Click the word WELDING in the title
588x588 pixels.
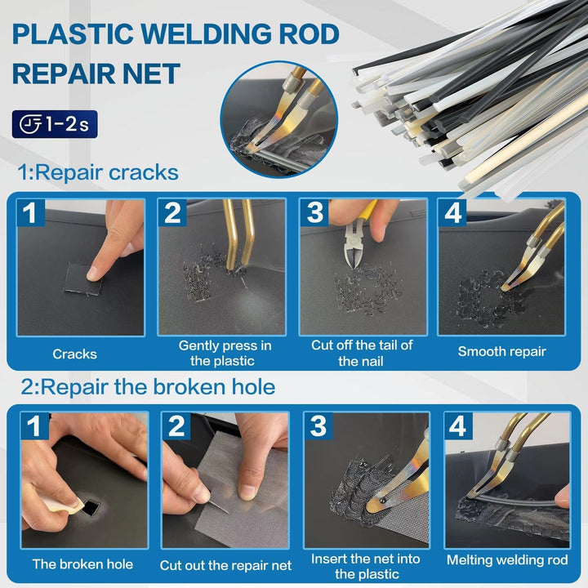[x=207, y=34]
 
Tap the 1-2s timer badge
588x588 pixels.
[x=55, y=124]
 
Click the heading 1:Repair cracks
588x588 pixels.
[x=98, y=172]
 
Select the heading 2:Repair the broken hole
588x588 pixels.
[x=148, y=386]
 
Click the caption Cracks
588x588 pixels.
[x=74, y=354]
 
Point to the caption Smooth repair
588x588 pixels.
[x=501, y=352]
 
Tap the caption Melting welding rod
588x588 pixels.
[x=507, y=560]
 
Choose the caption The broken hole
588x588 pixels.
[x=82, y=564]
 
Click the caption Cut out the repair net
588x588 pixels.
[x=225, y=565]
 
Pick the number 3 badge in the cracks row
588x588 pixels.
[x=314, y=212]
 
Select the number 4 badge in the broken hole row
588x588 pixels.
[x=458, y=425]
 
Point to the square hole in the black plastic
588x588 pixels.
[x=91, y=508]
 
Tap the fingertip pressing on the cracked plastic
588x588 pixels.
[x=94, y=274]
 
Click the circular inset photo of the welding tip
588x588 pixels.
[x=279, y=119]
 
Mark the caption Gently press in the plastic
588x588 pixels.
[x=225, y=353]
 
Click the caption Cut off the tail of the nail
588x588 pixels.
[x=362, y=353]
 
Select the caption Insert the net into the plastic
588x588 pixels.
[x=366, y=566]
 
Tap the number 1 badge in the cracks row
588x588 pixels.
[x=31, y=212]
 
